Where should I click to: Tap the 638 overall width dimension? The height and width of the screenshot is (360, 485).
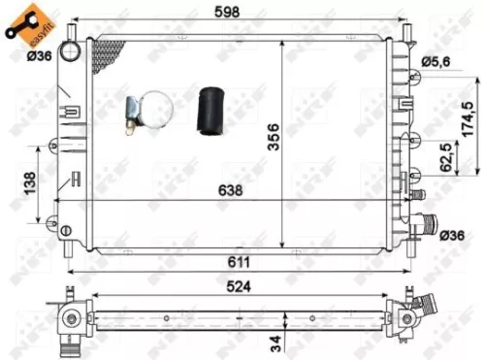point(229,190)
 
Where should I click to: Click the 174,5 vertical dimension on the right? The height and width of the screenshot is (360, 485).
point(469,119)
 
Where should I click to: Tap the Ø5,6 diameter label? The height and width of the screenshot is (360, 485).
point(436,63)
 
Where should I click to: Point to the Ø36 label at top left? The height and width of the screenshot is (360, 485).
point(39,55)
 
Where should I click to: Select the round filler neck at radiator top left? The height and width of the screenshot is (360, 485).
point(72,49)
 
